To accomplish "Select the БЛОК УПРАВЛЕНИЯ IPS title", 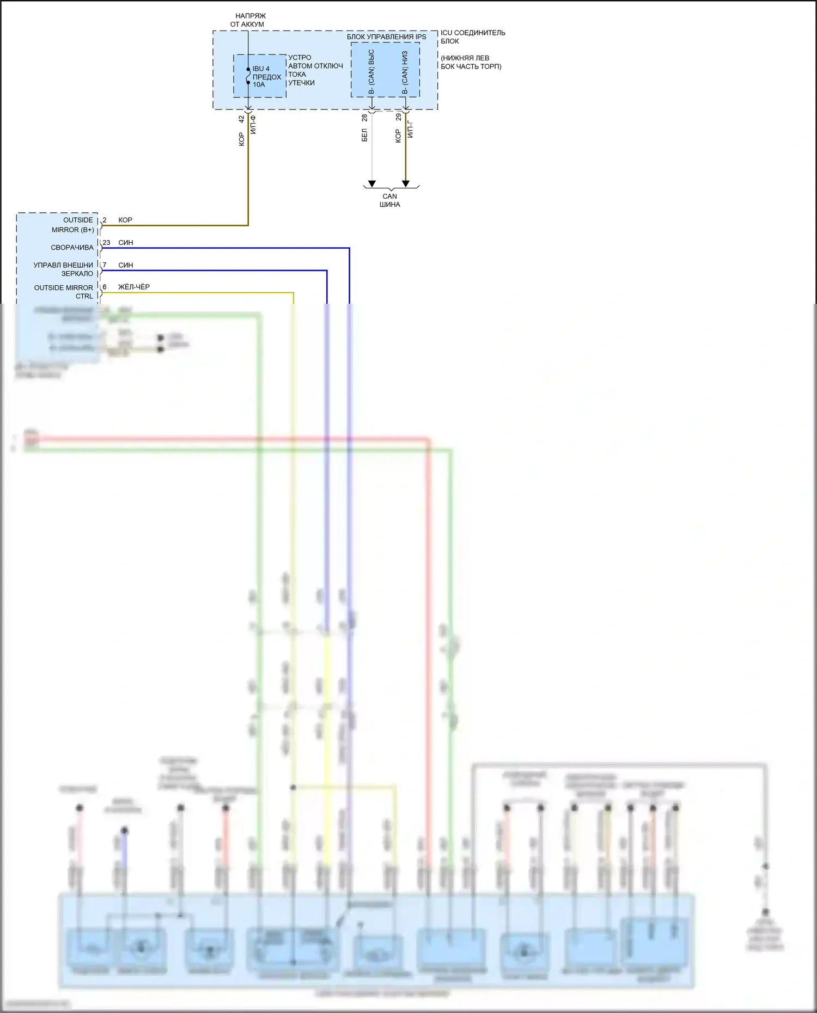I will click(x=386, y=37).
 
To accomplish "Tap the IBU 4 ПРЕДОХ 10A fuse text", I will click(x=266, y=77).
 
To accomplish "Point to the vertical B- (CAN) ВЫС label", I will click(x=371, y=71).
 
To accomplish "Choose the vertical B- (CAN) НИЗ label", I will click(x=405, y=72).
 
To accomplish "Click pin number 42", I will click(x=241, y=118).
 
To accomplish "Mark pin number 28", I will click(x=364, y=118).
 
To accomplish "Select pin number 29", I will click(x=398, y=117).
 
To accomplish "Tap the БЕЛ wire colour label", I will click(x=364, y=135).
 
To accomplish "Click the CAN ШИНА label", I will click(x=390, y=200).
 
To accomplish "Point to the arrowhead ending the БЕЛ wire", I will click(x=372, y=183).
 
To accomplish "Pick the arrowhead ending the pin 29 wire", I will click(x=405, y=183).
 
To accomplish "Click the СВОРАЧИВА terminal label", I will click(x=72, y=248).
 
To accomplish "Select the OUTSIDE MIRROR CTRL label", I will click(x=64, y=292).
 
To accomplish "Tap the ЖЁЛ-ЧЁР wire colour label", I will click(x=134, y=287).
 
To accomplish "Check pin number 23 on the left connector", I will click(x=106, y=243).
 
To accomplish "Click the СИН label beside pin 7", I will click(x=126, y=265).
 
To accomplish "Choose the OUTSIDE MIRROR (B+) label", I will click(x=72, y=225).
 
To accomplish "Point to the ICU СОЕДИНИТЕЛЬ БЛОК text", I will click(x=472, y=37).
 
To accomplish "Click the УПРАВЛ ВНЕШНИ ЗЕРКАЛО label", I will click(x=63, y=269).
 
